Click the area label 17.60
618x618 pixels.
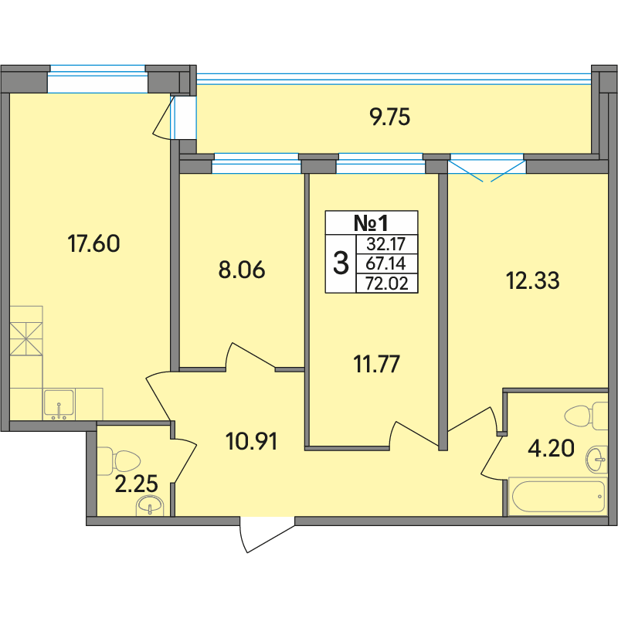pos(93,243)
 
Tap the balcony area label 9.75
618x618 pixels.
pos(390,117)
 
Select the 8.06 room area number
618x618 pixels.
pos(242,270)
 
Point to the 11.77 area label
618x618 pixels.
pos(377,364)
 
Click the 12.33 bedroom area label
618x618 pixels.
pos(532,280)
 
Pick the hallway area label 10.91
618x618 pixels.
pos(252,441)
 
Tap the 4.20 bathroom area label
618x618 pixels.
pos(551,448)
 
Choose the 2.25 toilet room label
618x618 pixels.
pos(137,484)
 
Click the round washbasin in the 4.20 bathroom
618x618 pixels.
pos(596,460)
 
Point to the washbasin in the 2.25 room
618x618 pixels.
pos(149,505)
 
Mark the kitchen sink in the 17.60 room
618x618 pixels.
pos(59,403)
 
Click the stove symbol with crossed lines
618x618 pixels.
pos(26,339)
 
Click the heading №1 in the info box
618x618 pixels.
pos(371,223)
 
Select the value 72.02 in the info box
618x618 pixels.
pos(387,284)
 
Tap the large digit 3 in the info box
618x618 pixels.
pos(341,263)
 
